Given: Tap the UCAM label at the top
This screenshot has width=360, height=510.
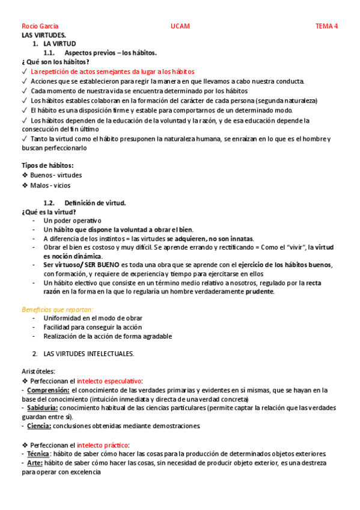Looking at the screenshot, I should pos(180,26).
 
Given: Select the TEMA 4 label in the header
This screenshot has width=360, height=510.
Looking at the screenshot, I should pos(327,26).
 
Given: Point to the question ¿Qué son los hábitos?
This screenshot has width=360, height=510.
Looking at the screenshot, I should pos(55,62).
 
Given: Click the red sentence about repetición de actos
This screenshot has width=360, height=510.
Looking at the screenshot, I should pos(108,71).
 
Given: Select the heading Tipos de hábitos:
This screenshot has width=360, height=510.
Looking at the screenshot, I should pos(47,165).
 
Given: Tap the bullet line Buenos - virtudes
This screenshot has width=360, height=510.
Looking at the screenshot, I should pos(56,175).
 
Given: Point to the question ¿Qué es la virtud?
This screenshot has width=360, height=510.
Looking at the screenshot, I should pos(49,212).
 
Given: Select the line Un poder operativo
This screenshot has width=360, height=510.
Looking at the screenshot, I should pos(73,221).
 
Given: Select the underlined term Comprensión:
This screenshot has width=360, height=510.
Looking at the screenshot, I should pos(48,390).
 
